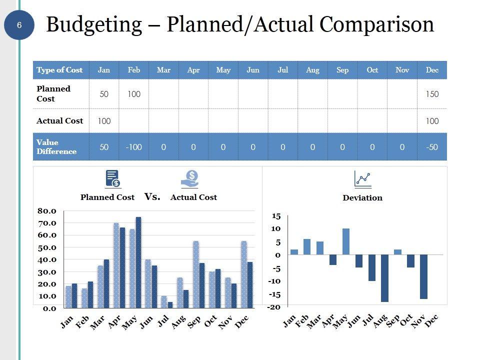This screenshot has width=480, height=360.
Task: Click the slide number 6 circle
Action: click(19, 25)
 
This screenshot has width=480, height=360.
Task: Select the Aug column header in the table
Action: click(312, 70)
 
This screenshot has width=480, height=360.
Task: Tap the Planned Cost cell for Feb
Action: click(134, 94)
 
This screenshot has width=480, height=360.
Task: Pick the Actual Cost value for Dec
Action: click(432, 121)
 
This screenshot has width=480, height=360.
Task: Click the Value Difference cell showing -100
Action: click(134, 147)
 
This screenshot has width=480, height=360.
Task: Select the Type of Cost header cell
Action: click(59, 70)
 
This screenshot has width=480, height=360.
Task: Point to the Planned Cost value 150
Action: click(432, 94)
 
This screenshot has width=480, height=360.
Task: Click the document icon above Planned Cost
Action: click(112, 178)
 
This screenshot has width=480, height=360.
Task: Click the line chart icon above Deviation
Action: click(362, 178)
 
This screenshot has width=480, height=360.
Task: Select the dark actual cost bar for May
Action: click(138, 262)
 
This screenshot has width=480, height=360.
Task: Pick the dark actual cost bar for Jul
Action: click(170, 304)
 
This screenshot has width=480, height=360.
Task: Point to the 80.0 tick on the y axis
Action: click(47, 211)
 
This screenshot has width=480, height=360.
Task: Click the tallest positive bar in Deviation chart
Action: click(346, 241)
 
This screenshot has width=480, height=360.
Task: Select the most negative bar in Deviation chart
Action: click(384, 278)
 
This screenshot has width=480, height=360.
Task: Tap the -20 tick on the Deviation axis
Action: click(273, 307)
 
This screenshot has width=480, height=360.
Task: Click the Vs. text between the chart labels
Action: click(152, 197)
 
